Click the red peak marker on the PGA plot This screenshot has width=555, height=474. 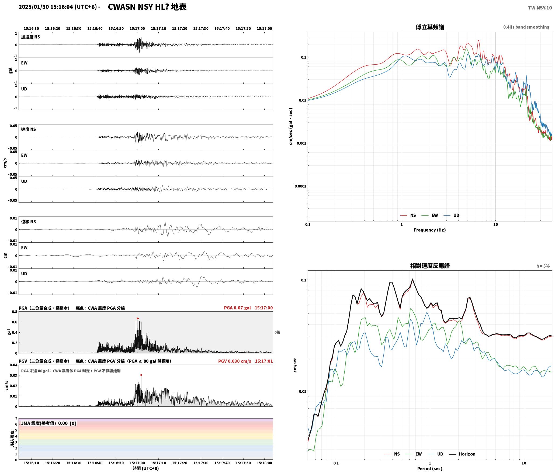(138, 318)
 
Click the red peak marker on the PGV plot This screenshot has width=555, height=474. (141, 375)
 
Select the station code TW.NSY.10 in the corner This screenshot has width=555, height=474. (540, 8)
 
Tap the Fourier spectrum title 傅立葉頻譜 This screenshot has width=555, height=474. (430, 27)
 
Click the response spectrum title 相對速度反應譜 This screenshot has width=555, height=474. (430, 266)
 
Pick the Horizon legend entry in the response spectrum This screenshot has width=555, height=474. (463, 454)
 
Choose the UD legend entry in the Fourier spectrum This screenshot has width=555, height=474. (452, 215)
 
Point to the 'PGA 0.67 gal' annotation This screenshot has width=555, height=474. (237, 308)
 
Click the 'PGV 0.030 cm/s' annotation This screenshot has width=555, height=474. (234, 361)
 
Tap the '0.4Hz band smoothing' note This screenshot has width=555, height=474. (526, 27)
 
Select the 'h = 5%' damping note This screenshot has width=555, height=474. (543, 266)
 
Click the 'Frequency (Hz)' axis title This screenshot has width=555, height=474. (430, 230)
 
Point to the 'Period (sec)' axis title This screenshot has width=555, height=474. (430, 469)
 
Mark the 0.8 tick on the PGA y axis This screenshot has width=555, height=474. (15, 312)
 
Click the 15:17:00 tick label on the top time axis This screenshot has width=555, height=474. (137, 29)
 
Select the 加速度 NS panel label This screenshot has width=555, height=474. (30, 37)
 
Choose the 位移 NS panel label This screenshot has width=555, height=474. (29, 222)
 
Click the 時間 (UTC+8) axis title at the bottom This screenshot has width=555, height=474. (146, 469)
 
